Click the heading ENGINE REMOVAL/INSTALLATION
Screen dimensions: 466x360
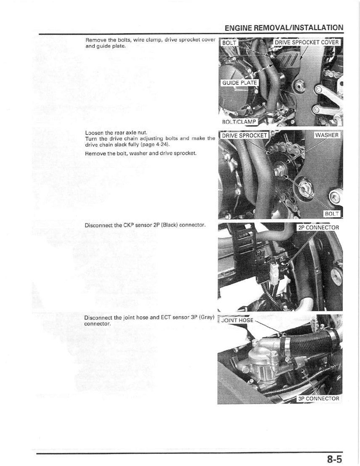[284, 28]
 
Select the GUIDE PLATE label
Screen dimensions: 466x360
[239, 83]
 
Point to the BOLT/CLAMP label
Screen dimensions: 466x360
[239, 122]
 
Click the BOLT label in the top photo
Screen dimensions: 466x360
[230, 43]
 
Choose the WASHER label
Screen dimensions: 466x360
[328, 135]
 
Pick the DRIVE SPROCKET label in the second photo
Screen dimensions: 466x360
[244, 135]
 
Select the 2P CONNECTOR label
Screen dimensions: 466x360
[318, 228]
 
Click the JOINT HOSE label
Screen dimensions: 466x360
[237, 320]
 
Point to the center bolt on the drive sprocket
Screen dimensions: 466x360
[278, 172]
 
